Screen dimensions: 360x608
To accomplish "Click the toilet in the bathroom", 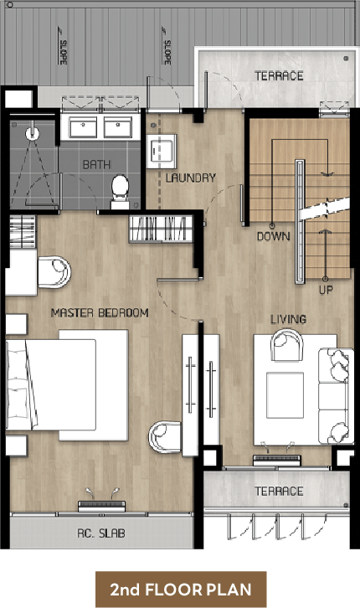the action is click(x=120, y=192).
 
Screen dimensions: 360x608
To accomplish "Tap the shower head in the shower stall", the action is click(x=32, y=133).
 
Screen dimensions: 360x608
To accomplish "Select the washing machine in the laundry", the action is click(x=162, y=151).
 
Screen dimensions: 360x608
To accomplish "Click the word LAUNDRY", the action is click(x=190, y=178).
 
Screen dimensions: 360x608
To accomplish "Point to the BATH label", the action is click(x=96, y=164).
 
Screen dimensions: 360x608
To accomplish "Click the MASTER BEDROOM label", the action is click(x=100, y=312).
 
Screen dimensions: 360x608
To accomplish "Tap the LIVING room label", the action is click(x=288, y=319).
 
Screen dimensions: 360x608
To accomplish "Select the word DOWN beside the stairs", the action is click(x=273, y=236).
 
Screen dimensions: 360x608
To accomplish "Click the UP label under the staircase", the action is click(x=326, y=290).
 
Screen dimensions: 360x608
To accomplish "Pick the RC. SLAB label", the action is click(x=101, y=533).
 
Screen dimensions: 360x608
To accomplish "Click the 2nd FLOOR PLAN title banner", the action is click(x=181, y=590).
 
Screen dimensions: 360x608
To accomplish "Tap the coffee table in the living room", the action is click(x=285, y=395).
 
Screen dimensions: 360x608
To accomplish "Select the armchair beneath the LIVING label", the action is click(x=287, y=345).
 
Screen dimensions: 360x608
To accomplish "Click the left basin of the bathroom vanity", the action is click(x=83, y=126).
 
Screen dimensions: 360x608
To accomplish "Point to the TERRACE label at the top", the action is click(x=279, y=75).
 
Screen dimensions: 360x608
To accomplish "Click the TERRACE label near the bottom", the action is click(x=279, y=492).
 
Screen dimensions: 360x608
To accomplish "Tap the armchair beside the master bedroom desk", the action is click(x=54, y=272).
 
